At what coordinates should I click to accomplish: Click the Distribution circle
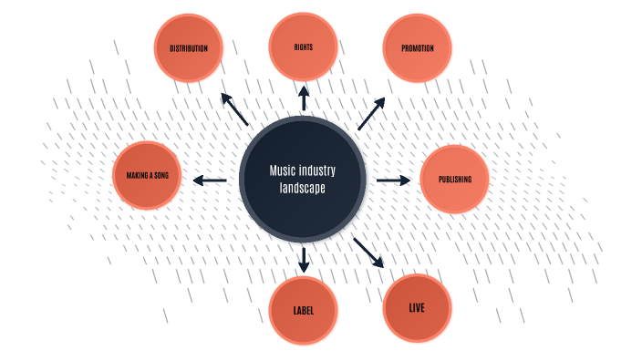(189, 48)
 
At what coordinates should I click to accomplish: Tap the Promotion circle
(417, 48)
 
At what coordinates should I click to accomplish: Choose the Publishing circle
(454, 180)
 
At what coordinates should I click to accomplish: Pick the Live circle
(417, 308)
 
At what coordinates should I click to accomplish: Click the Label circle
(304, 311)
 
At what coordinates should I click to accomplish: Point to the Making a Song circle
(147, 175)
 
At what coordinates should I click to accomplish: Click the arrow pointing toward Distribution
(235, 108)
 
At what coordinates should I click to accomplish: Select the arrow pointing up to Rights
(304, 98)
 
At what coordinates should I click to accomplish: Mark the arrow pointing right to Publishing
(393, 180)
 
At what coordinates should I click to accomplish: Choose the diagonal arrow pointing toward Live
(369, 252)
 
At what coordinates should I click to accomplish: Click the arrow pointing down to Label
(304, 259)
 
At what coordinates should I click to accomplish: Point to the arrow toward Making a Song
(210, 180)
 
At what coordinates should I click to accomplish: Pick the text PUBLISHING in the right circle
(454, 180)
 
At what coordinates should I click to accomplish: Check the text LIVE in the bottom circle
(417, 308)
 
